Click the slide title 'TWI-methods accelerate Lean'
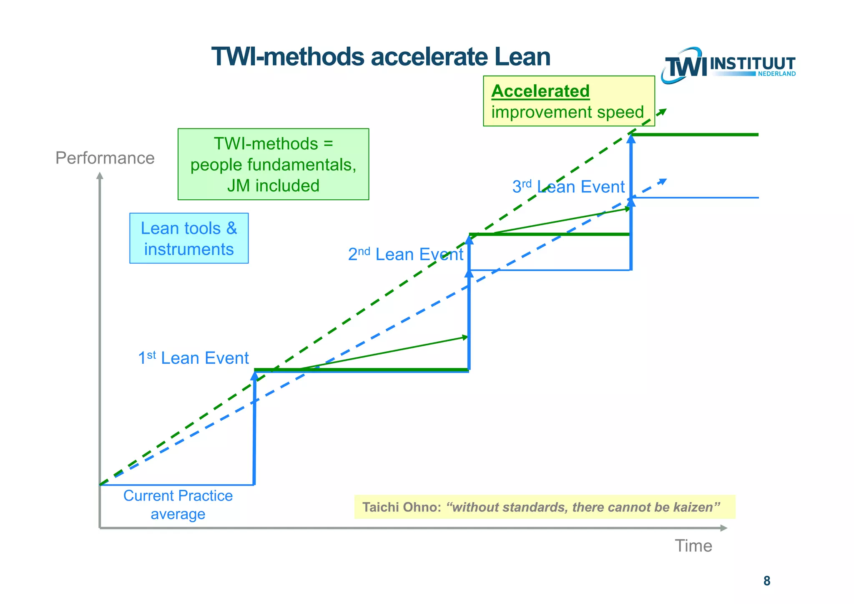(381, 57)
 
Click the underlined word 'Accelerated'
(540, 91)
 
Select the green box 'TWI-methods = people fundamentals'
(273, 164)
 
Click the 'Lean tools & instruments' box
(189, 238)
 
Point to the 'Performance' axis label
(105, 158)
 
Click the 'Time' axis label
(693, 546)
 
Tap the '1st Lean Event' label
(193, 358)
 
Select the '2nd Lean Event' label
(405, 254)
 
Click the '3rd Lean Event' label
(568, 186)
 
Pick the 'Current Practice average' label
(178, 505)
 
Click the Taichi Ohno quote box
(545, 507)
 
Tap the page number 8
(766, 581)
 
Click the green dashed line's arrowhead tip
(664, 111)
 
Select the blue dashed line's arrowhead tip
(664, 181)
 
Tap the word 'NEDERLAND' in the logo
(776, 74)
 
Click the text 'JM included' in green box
(273, 186)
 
